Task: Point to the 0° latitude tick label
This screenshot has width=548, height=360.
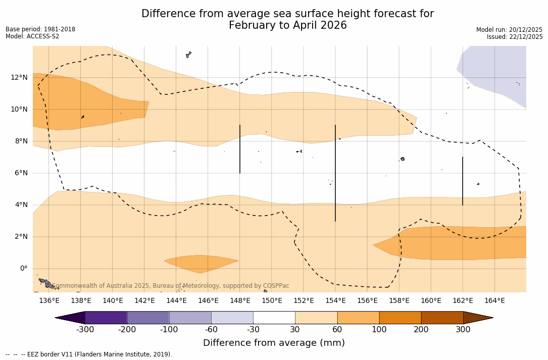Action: [23, 269]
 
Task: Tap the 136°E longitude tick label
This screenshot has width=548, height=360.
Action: [49, 301]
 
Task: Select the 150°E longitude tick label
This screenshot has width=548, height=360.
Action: [272, 301]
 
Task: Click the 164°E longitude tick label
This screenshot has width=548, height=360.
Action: [494, 301]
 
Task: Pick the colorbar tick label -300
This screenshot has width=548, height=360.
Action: [85, 330]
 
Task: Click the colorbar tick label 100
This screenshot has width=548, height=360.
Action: [379, 330]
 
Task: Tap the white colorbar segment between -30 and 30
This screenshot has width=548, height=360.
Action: [274, 318]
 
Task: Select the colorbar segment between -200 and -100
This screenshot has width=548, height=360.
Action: [148, 318]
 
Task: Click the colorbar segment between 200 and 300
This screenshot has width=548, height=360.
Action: [442, 318]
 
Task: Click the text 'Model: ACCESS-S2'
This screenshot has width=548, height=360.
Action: [32, 36]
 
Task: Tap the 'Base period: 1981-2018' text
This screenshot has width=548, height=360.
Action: [40, 29]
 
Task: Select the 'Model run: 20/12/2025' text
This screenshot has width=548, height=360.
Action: [509, 30]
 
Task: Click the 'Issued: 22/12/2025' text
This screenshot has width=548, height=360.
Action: [515, 37]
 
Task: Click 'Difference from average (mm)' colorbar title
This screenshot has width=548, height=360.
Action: [274, 343]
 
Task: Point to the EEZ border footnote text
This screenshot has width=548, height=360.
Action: [89, 354]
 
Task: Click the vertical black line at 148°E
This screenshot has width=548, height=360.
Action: [240, 149]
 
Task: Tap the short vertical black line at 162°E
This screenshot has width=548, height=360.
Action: [463, 181]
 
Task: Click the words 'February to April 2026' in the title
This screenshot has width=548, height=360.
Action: [287, 25]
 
